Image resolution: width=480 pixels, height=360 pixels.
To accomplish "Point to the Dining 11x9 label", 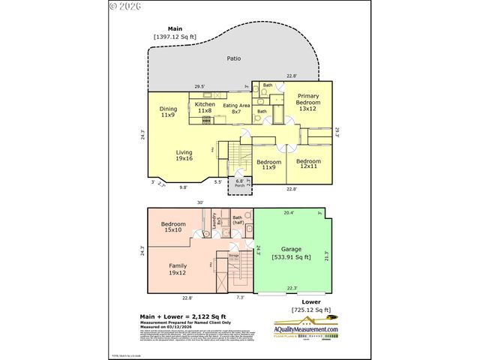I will tap(168, 112).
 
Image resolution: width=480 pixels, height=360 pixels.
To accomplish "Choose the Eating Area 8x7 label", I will tap(237, 109).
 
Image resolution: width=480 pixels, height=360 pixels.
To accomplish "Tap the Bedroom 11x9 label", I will tap(269, 164).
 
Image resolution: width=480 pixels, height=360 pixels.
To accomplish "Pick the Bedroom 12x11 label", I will tap(307, 164).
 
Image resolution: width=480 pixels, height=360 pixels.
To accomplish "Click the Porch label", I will tap(240, 184).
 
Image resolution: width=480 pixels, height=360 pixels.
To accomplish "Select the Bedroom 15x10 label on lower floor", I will tap(173, 226).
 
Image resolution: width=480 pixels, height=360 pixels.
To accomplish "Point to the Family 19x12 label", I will tap(178, 268).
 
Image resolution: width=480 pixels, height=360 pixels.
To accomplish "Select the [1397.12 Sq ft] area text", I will tap(175, 36).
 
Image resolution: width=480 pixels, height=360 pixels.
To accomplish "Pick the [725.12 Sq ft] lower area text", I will tap(310, 310).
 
